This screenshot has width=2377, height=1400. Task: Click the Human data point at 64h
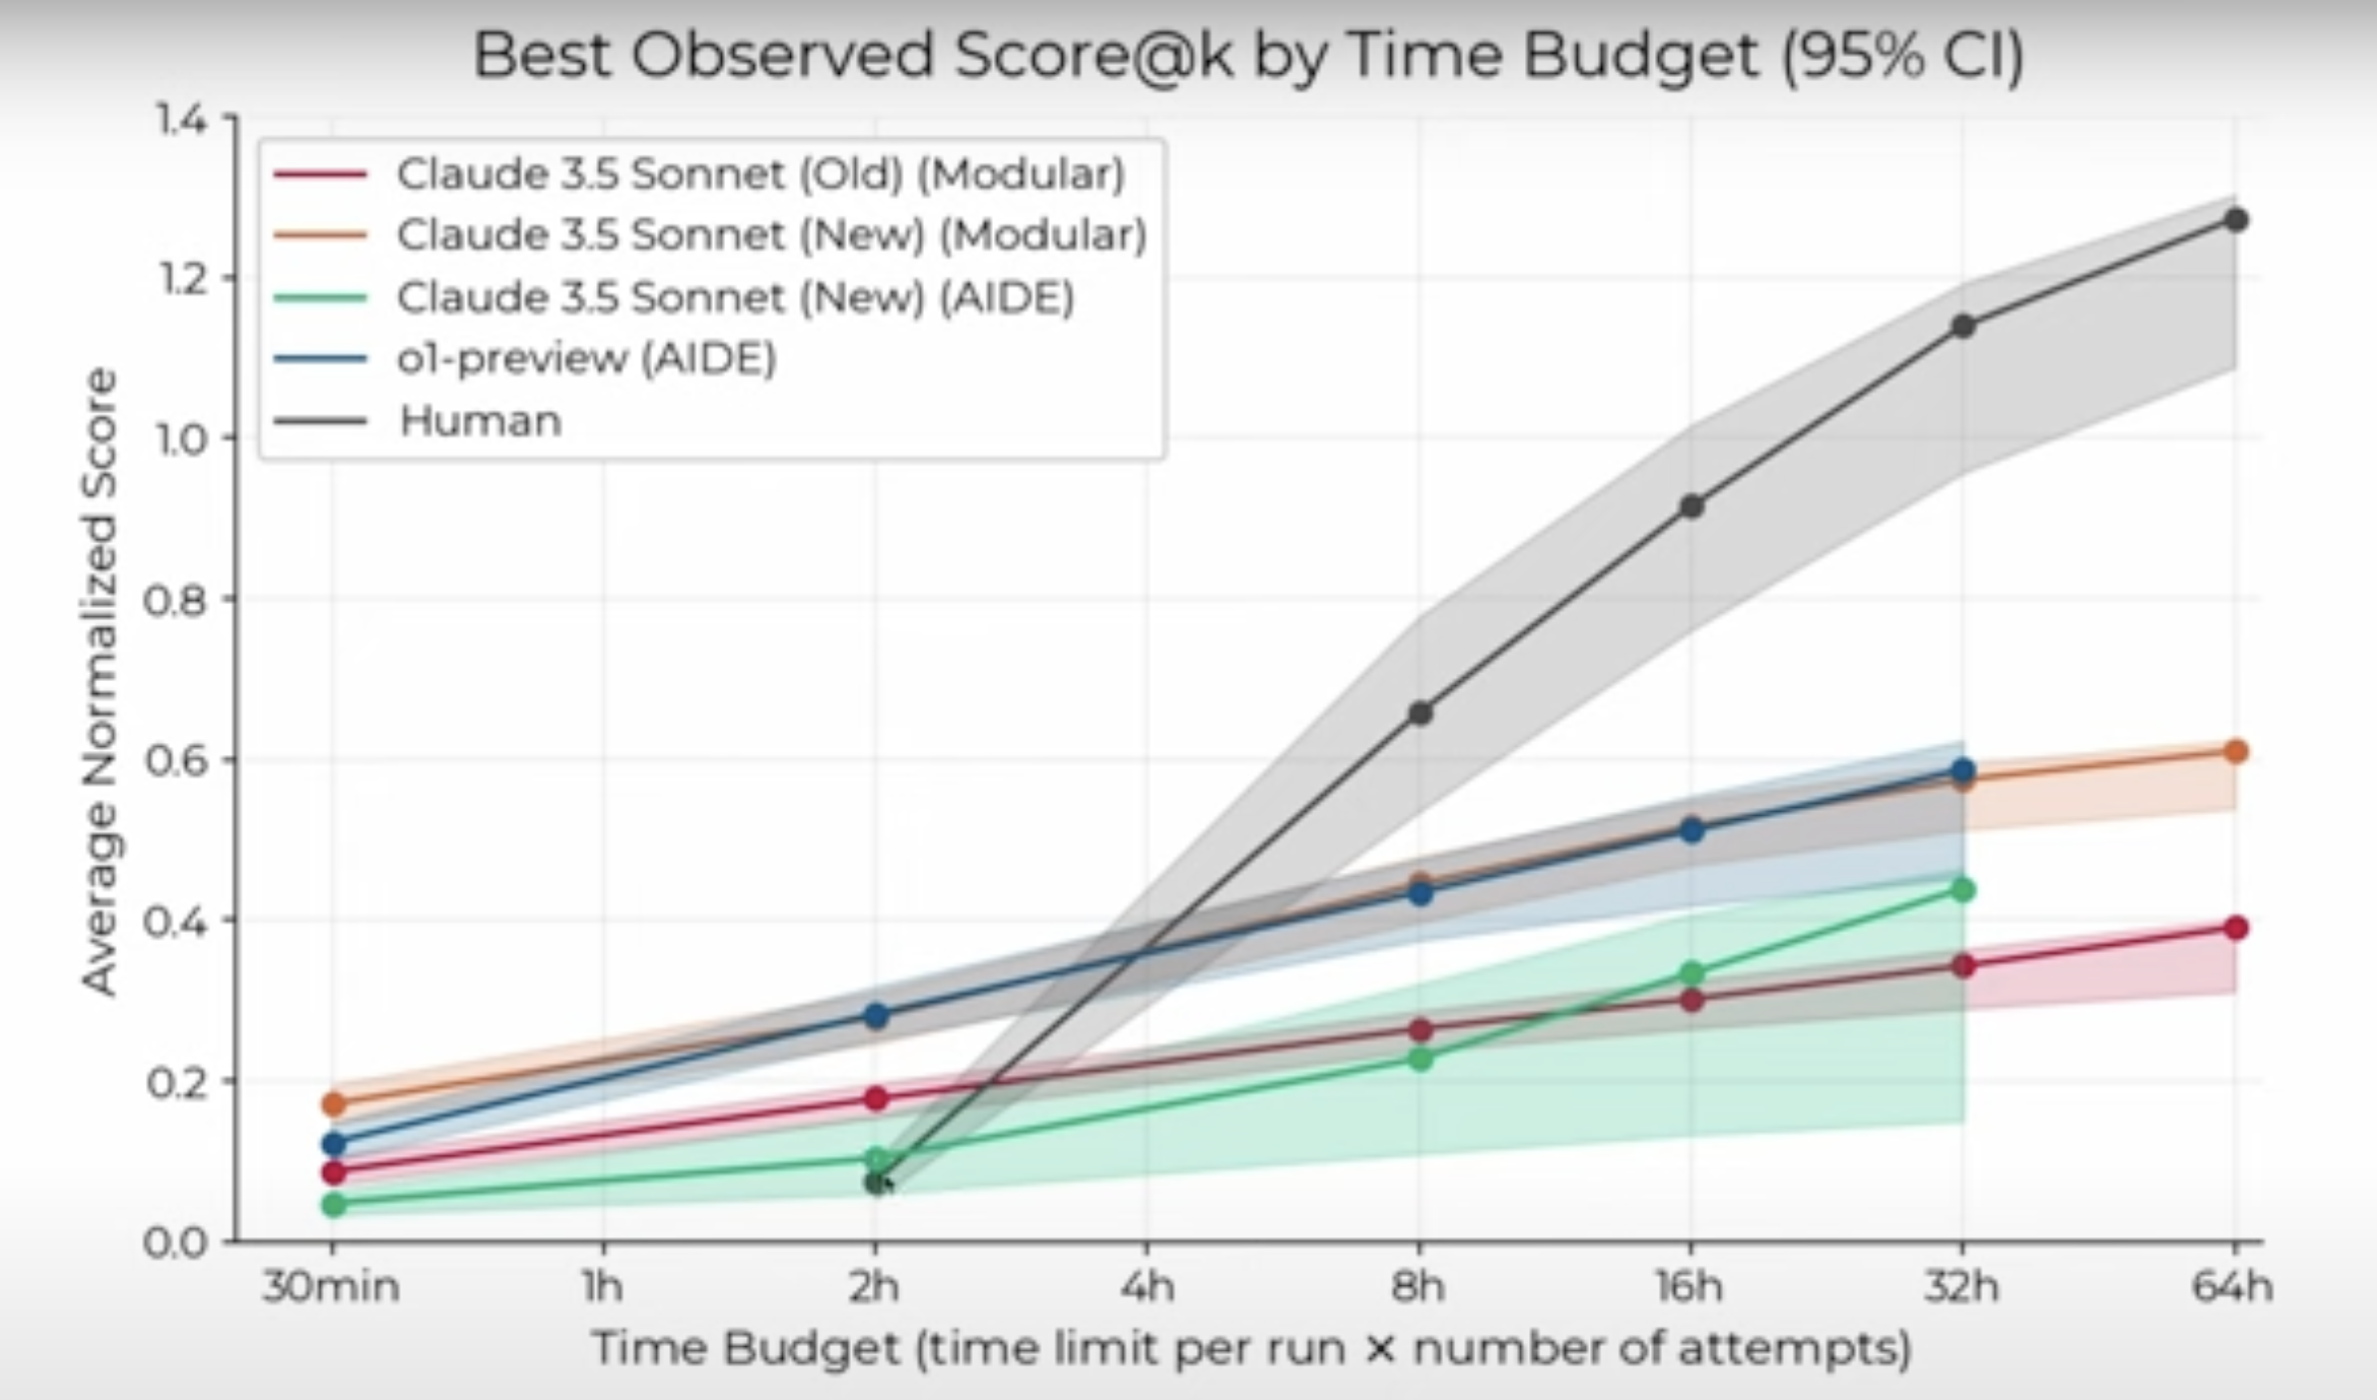[2236, 220]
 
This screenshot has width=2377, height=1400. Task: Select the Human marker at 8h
[1420, 713]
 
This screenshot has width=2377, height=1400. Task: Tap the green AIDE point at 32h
[1963, 890]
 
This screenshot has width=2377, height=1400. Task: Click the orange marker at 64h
[2236, 751]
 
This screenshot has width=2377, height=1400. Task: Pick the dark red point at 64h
[2236, 928]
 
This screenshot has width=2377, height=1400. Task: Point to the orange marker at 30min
[334, 1104]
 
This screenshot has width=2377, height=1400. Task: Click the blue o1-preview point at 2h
[876, 1016]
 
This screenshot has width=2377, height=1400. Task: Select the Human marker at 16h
[1692, 506]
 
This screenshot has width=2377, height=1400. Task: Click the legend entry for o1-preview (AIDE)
[586, 357]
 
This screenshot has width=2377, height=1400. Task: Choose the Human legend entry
[480, 420]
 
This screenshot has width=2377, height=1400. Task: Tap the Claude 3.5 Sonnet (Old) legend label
[760, 174]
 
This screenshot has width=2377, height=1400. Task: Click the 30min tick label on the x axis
[332, 1287]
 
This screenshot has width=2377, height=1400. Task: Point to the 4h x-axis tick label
[1147, 1287]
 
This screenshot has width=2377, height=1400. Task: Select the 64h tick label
[2233, 1287]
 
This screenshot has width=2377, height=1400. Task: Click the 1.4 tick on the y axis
[182, 120]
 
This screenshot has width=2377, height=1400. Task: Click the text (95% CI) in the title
[1903, 56]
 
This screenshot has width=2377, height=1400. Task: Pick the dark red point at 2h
[876, 1098]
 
